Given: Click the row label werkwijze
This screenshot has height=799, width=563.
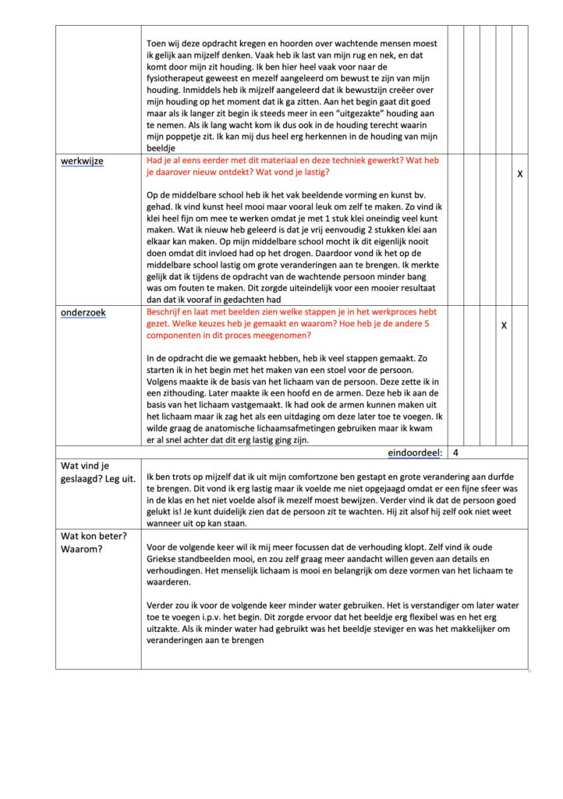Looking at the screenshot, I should pyautogui.click(x=83, y=161).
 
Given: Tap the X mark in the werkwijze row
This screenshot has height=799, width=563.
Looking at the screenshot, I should pyautogui.click(x=520, y=174).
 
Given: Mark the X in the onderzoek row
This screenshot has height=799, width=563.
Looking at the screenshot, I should pyautogui.click(x=504, y=325).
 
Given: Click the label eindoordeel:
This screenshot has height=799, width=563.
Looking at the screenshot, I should pyautogui.click(x=416, y=453).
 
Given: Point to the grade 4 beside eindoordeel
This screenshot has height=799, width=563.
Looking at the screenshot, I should pyautogui.click(x=455, y=453).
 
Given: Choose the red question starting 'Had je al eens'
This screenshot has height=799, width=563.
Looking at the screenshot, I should pyautogui.click(x=292, y=166).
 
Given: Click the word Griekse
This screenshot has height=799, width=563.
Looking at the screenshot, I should pyautogui.click(x=165, y=559).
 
